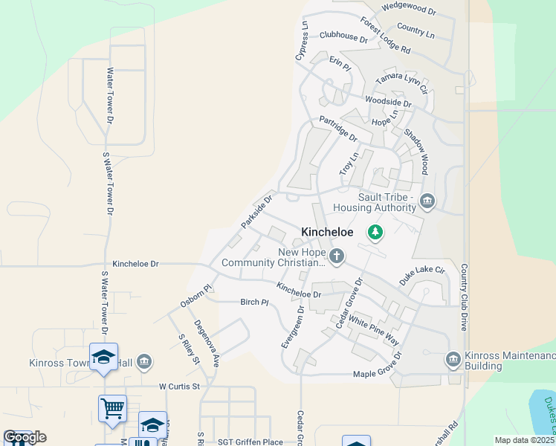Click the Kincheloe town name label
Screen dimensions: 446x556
[327, 233]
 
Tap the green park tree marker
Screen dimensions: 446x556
[376, 233]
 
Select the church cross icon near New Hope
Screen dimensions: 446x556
[337, 256]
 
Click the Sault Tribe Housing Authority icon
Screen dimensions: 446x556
[427, 201]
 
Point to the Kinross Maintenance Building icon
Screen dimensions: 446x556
[453, 361]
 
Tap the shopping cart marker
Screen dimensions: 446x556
[112, 407]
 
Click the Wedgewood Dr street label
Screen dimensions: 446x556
[408, 9]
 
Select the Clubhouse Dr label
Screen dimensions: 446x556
[343, 36]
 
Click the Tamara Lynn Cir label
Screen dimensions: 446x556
[402, 83]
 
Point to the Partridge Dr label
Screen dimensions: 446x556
[338, 128]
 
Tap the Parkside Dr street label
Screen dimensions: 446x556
[258, 212]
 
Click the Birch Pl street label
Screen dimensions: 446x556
[253, 303]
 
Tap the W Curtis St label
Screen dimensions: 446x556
[180, 387]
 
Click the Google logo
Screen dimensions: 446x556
[25, 437]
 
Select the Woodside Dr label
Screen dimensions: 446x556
[387, 103]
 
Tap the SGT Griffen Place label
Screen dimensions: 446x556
[251, 442]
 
